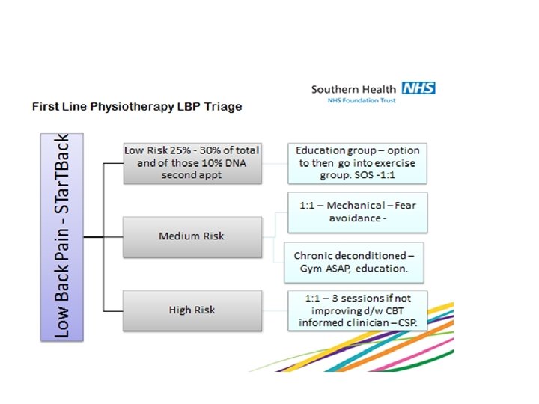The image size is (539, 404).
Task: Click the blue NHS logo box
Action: point(418,88)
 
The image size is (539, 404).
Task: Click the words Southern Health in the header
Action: point(354,89)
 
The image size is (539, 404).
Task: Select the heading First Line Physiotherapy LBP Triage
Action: point(136,107)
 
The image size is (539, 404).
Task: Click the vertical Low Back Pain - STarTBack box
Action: point(63,236)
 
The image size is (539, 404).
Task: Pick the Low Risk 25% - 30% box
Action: point(192,162)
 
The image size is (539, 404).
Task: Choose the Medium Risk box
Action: point(192,236)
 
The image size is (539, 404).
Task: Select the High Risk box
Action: point(192,310)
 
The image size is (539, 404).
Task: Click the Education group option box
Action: point(358,163)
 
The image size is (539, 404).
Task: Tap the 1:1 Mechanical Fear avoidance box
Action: point(358,212)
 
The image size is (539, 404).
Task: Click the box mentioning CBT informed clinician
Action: point(358,310)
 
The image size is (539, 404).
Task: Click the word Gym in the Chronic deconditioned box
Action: point(306,268)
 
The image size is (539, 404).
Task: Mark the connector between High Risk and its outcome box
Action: point(275,310)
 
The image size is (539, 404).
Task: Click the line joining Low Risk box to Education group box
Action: point(275,162)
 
